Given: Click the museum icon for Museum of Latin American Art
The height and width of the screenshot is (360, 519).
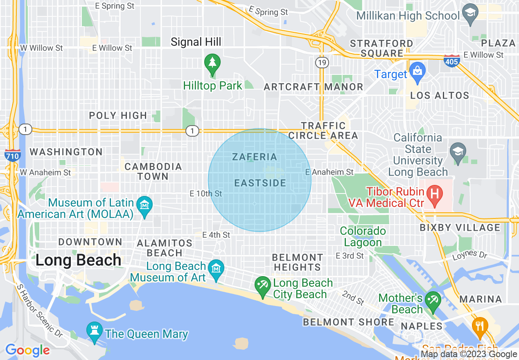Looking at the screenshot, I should click(x=144, y=203).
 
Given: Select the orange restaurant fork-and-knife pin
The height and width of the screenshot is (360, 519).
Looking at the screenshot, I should click(x=479, y=326).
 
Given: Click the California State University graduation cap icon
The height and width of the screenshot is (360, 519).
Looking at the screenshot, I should click(x=457, y=151).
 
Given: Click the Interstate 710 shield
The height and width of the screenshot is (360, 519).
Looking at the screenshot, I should click(x=13, y=155).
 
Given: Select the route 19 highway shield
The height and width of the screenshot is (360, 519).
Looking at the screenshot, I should click(x=321, y=63).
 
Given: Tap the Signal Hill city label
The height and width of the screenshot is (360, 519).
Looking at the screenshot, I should click(x=196, y=42).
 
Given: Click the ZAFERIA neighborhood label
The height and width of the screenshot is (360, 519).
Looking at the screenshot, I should click(x=255, y=157).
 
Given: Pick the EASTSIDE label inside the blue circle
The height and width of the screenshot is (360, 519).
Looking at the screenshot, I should click(x=260, y=183).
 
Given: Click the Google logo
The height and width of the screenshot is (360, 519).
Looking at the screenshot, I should click(x=27, y=350).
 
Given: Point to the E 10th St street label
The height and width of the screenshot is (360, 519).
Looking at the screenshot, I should click(x=206, y=193).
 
